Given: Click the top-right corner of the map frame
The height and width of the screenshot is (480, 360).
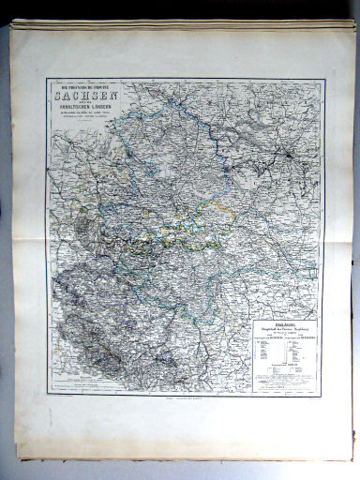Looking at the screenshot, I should [x=323, y=79].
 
